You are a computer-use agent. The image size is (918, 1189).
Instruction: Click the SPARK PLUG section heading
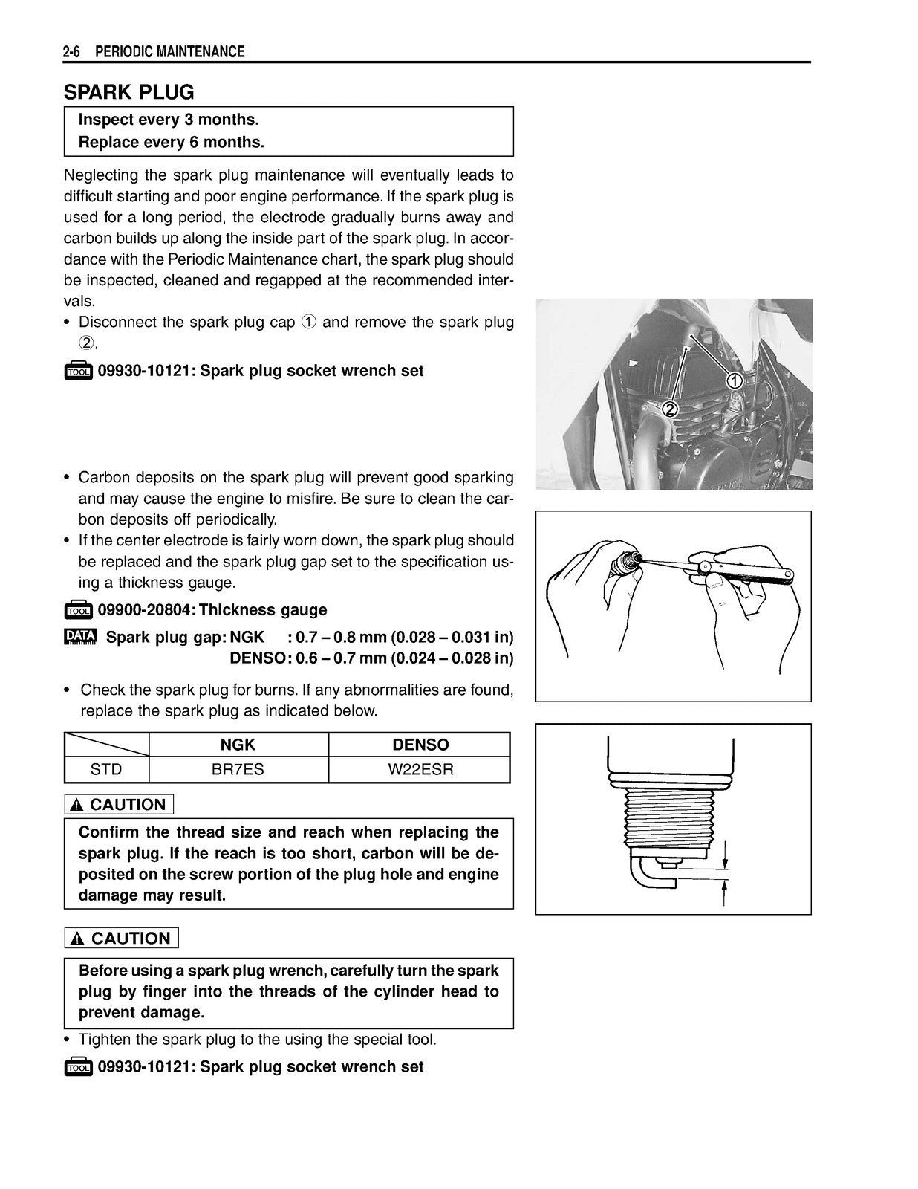click(128, 92)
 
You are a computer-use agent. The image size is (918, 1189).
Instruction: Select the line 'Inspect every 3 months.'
click(169, 120)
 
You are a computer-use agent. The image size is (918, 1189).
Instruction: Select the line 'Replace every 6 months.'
click(172, 142)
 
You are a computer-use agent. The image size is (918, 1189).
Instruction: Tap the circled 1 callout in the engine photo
click(733, 381)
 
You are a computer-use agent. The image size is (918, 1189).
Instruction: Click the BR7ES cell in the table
click(238, 769)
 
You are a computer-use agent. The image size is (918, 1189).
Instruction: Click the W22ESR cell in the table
click(420, 769)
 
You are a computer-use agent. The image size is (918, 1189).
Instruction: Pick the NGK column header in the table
click(238, 745)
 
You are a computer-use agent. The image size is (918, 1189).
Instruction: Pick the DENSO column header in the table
click(420, 745)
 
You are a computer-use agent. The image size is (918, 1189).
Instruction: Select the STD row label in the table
click(106, 769)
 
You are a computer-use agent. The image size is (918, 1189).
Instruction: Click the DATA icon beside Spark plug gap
click(80, 638)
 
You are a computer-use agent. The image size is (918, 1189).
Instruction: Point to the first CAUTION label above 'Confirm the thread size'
click(119, 805)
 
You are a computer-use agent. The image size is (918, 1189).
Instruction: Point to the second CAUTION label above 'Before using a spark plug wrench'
click(122, 939)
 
